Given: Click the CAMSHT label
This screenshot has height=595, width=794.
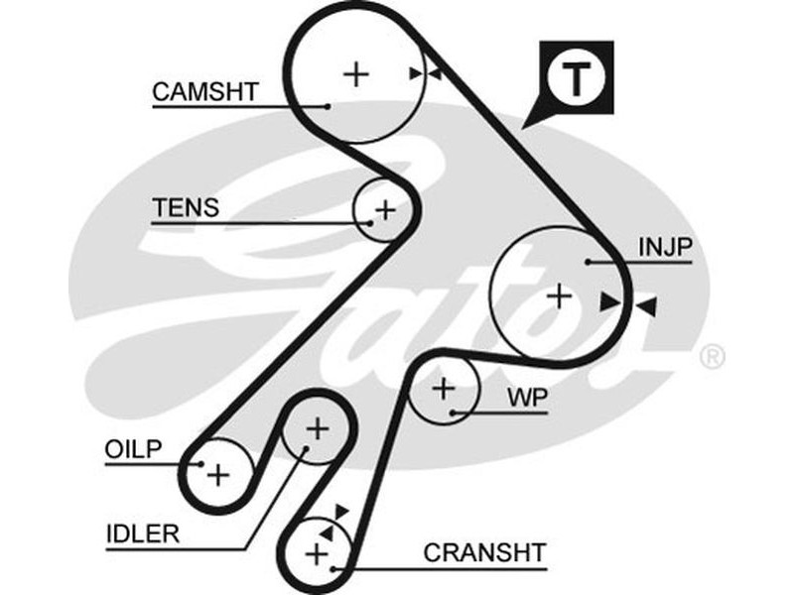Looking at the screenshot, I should pos(205,92).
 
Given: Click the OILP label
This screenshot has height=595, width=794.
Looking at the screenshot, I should pos(133,448).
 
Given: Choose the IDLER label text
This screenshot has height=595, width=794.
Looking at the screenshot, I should pos(142,535).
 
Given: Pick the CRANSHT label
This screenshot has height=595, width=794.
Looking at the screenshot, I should pos(484,552).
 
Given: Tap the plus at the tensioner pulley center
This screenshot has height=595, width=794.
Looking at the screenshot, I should pos(385,210).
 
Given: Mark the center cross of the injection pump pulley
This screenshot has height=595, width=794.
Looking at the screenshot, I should pos(561,295).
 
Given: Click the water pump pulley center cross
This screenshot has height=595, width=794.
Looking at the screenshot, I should pos(443,388).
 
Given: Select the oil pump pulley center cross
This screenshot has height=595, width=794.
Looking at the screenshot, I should pos(217,474).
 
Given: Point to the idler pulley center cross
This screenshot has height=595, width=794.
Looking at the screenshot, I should pos(317,428).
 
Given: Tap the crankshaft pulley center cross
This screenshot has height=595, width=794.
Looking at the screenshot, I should pos(318,552).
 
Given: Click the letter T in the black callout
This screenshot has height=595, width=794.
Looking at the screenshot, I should pos(577,79).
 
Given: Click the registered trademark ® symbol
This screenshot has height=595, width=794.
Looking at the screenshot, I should pos(712,355).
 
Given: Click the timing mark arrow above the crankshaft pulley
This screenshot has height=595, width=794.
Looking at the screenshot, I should pos(341,511).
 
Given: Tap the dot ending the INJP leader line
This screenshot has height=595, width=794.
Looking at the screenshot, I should pos(589,263).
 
